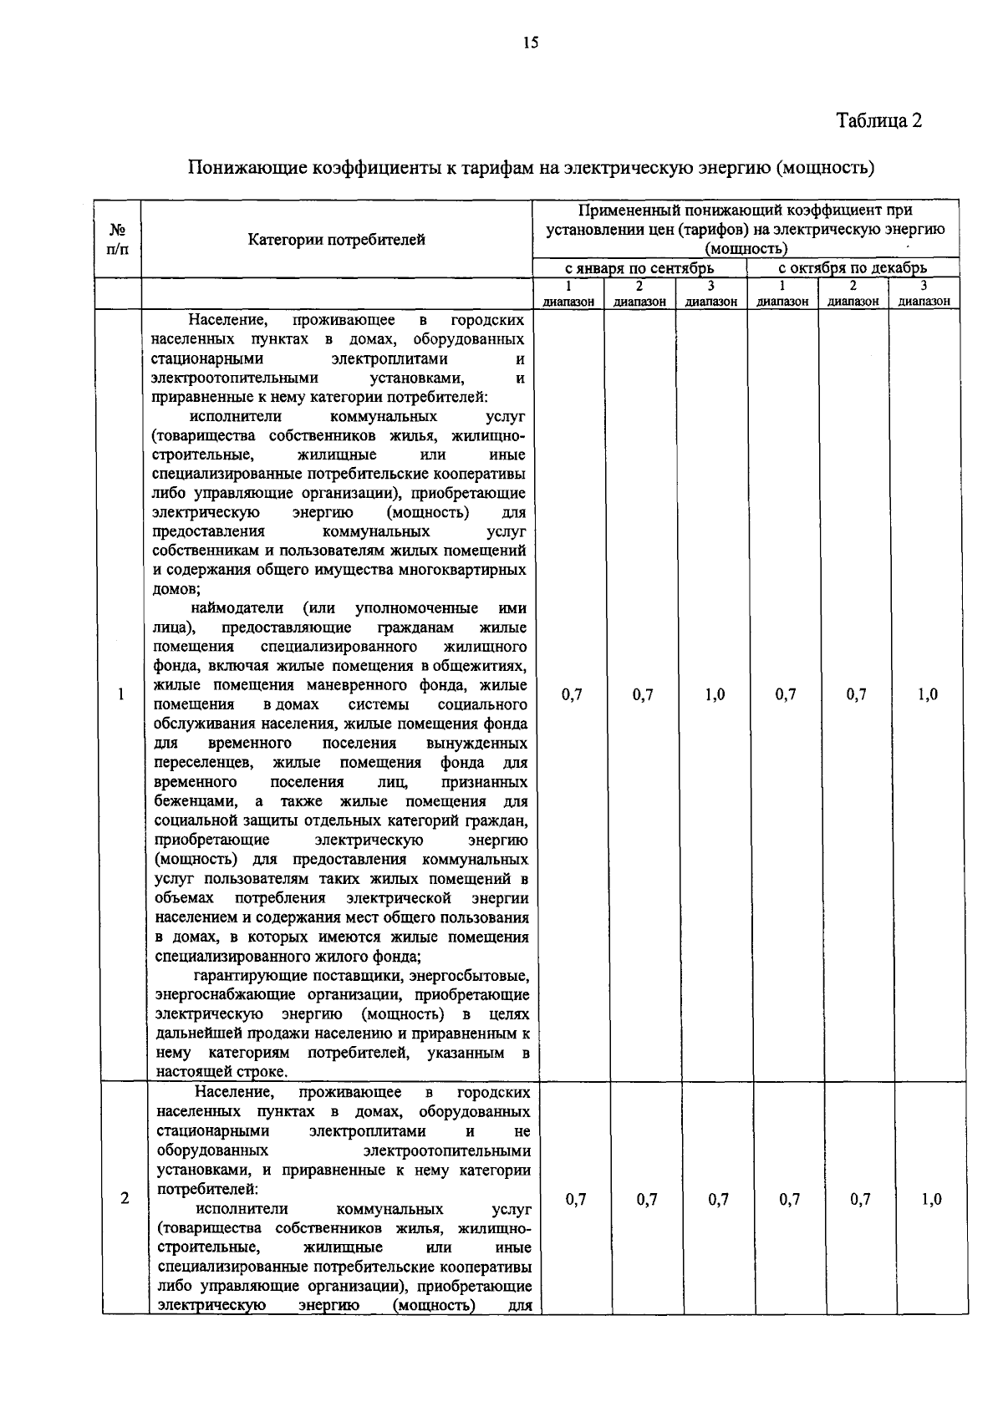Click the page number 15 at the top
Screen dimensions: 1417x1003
[530, 44]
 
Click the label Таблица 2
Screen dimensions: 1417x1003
[879, 121]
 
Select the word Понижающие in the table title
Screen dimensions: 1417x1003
[246, 168]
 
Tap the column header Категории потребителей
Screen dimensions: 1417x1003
[336, 241]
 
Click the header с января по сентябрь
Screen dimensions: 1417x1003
[639, 268]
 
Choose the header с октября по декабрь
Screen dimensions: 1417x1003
[853, 268]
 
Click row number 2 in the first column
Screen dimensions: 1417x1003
[125, 1199]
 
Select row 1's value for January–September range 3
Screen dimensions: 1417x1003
[715, 694]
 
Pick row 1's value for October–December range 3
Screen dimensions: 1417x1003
[928, 694]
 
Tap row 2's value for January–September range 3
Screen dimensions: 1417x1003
[718, 1199]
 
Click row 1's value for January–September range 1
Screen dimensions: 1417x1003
[573, 694]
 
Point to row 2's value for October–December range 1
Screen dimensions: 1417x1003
[790, 1199]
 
